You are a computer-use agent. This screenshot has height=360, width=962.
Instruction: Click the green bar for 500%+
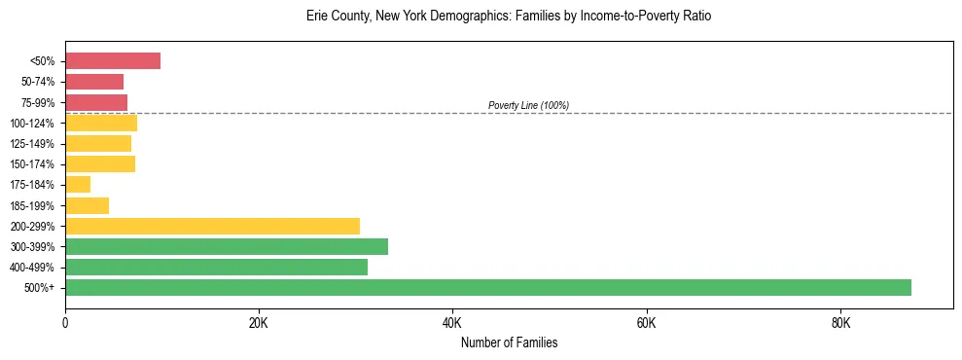pos(487,287)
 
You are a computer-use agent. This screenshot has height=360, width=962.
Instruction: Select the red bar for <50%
pos(113,61)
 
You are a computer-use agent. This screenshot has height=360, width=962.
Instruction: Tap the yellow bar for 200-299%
pos(212,226)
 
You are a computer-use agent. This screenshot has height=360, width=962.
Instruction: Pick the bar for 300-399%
pos(227,246)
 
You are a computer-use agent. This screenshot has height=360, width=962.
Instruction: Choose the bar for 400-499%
pos(216,267)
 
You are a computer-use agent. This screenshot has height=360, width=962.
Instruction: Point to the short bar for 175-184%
pos(78,184)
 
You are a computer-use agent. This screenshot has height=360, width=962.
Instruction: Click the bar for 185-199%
pos(87,205)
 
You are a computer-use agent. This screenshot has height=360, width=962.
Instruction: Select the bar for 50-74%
pos(94,82)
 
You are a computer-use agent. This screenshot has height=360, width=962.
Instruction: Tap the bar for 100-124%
pos(101,123)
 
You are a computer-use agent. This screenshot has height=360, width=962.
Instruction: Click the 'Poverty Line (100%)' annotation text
pos(528,105)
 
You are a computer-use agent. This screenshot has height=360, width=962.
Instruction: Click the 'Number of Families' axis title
pos(509,342)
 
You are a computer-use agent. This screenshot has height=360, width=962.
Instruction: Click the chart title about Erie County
pos(509,17)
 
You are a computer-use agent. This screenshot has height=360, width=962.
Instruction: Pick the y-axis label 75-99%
pos(39,102)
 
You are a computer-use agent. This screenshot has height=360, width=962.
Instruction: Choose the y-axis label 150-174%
pos(35,164)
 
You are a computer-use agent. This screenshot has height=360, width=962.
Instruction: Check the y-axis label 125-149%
pos(35,144)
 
